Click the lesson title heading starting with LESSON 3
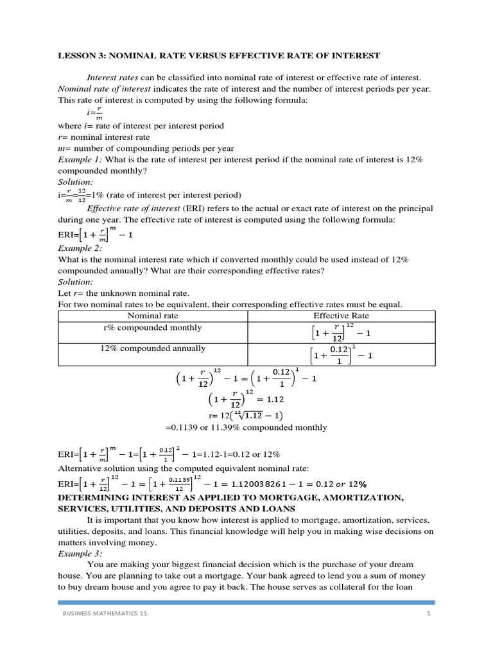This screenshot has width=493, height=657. coord(219,56)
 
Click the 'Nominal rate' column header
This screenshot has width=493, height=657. coord(153,316)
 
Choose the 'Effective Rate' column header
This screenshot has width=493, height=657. coord(341,316)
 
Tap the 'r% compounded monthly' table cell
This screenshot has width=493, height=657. coord(153,328)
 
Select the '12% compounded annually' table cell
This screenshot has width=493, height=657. coord(153,348)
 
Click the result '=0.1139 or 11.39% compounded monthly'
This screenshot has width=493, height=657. coord(246,427)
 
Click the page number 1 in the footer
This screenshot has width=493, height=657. coord(427,615)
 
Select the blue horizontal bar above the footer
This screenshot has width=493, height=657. coord(246,602)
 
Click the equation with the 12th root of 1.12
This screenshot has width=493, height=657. coord(246,415)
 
